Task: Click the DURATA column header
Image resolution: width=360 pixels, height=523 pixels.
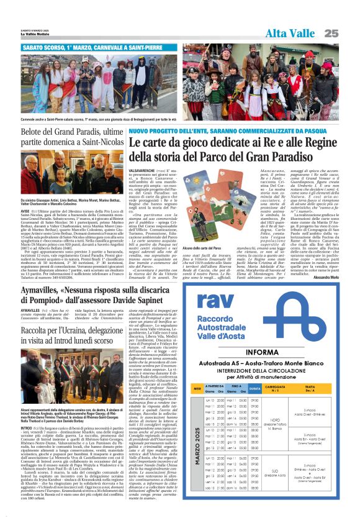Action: pyautogui.click(x=255, y=388)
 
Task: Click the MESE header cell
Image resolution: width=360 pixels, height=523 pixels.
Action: pyautogui.click(x=197, y=388)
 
